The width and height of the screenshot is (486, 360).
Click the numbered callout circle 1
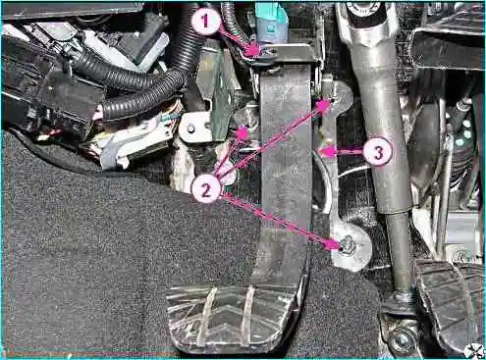pos(205,22)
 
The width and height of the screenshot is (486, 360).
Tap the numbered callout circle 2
pos(206,189)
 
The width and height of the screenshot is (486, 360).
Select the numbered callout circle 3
pos(378,152)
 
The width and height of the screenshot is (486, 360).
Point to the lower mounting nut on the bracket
pos(347,244)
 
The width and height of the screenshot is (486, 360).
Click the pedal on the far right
pos(449,302)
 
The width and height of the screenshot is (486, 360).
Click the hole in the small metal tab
pos(190,129)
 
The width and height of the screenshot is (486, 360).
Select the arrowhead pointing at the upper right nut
pos(323,105)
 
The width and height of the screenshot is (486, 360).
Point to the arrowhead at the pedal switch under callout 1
pos(254,51)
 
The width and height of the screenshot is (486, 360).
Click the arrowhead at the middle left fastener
pos(243,133)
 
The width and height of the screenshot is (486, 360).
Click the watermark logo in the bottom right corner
pos(474,350)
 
